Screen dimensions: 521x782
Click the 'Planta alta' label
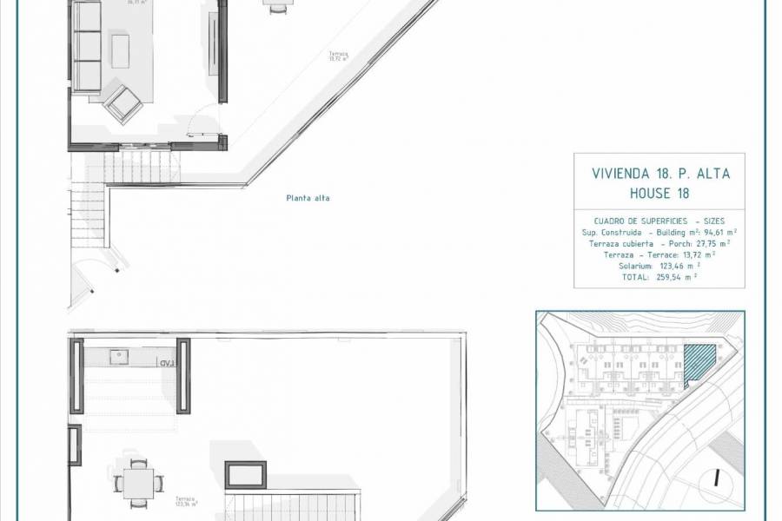(x=308, y=198)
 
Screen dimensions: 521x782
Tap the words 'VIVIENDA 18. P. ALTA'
(x=660, y=173)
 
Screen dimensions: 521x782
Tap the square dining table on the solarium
(x=139, y=478)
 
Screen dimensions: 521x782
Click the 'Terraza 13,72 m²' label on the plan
(x=338, y=57)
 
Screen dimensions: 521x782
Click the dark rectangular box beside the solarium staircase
(x=246, y=474)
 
